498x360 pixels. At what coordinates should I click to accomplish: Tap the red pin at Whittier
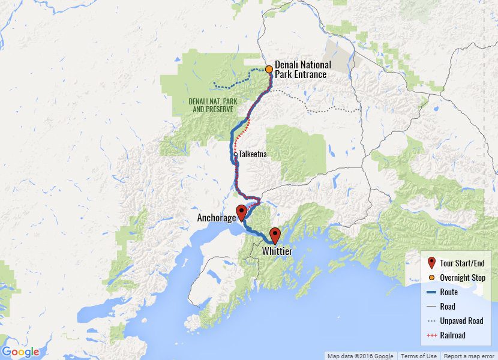point(275,235)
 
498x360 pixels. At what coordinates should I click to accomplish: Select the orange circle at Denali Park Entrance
point(269,69)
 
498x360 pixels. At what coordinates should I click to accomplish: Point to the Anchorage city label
point(217,218)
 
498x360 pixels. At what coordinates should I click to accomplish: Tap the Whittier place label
point(277,252)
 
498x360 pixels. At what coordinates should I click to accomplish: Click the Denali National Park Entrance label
point(302,70)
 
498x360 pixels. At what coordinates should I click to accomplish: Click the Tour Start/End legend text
point(462,263)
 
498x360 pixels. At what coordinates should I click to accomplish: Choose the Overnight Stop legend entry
point(462,278)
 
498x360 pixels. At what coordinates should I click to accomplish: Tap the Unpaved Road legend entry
point(461,321)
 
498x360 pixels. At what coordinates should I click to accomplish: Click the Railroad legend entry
point(452,335)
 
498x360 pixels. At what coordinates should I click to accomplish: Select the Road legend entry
point(448,307)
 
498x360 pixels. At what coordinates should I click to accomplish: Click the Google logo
point(20,352)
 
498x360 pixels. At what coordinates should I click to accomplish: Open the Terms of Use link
point(419,356)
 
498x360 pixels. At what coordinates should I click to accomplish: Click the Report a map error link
point(469,356)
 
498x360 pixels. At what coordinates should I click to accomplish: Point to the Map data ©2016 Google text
point(360,356)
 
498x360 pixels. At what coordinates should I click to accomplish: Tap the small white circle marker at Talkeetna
point(235,154)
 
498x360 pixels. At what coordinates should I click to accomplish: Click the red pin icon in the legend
point(431,263)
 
